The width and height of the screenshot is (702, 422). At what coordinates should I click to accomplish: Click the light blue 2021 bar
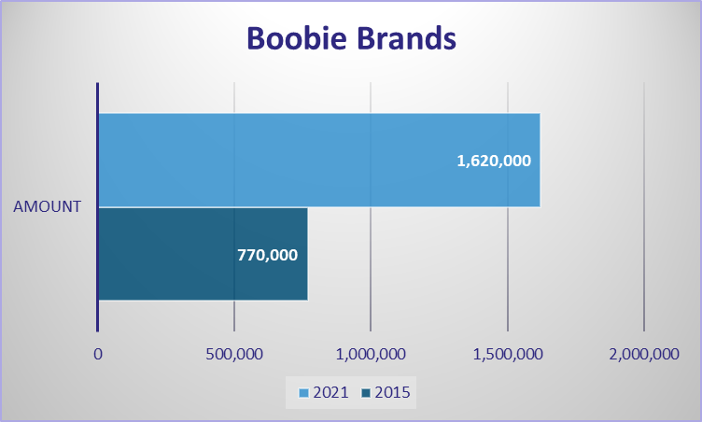[x=319, y=160]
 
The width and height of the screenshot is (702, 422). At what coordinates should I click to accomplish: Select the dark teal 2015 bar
[x=204, y=254]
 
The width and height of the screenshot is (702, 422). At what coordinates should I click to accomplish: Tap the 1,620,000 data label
[x=494, y=161]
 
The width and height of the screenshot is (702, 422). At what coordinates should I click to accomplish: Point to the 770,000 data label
[x=267, y=255]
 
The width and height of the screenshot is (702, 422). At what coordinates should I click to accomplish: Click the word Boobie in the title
[x=297, y=37]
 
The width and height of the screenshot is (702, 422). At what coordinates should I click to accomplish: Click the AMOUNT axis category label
[x=47, y=206]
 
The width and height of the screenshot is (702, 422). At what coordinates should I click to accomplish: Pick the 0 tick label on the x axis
[x=98, y=355]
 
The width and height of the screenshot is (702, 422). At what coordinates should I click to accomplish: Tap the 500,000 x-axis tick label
[x=234, y=355]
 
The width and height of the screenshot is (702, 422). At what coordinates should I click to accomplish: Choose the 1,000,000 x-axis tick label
[x=371, y=355]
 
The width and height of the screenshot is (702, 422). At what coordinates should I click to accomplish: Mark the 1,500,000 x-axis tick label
[x=508, y=355]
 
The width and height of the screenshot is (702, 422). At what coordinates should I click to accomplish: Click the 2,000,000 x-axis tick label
[x=644, y=355]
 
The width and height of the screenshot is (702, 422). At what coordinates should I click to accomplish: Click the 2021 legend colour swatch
[x=304, y=393]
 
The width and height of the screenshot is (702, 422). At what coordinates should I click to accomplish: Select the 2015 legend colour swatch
[x=366, y=393]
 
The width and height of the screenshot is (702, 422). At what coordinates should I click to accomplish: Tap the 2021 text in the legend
[x=330, y=392]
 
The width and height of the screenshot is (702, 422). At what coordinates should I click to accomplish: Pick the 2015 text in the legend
[x=393, y=392]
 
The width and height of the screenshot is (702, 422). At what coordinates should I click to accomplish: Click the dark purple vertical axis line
[x=98, y=207]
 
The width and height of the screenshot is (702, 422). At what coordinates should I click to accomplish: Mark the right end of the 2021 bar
[x=541, y=160]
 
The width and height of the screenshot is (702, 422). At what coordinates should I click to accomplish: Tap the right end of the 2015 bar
[x=308, y=254]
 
